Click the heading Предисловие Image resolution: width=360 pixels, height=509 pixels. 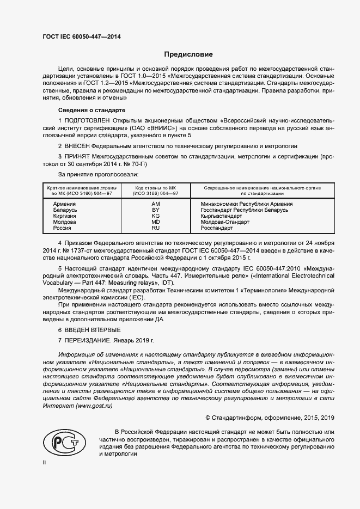(x=189, y=54)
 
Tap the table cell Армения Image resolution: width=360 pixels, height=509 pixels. (x=65, y=204)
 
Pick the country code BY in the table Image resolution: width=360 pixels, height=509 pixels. (x=155, y=210)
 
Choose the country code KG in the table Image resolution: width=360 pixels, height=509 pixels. (x=155, y=216)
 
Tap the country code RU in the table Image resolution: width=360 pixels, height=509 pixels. (x=155, y=228)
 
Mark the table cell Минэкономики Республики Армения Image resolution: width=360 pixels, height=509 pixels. (x=239, y=204)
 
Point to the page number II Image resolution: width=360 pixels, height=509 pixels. (x=44, y=462)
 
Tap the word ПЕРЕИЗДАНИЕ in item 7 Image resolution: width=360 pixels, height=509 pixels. (x=88, y=340)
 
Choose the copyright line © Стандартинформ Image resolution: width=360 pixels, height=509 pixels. (x=269, y=418)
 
